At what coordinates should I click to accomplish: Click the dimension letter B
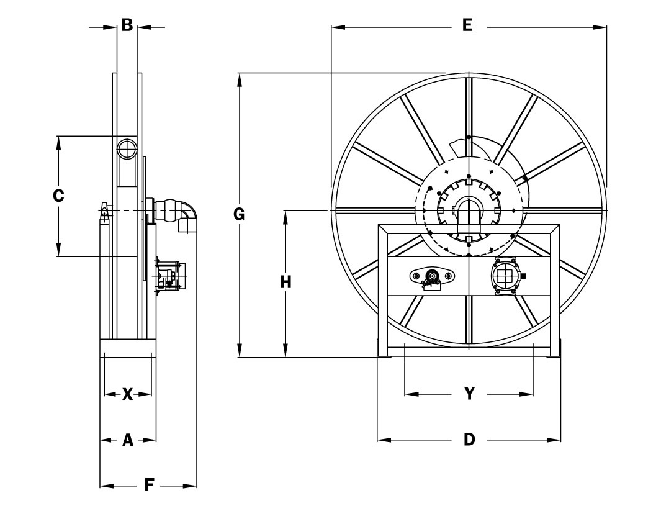[x=127, y=25]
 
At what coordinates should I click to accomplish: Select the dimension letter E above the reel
[x=467, y=25]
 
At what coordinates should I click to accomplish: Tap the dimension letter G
[x=239, y=215]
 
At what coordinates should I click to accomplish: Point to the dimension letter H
[x=286, y=282]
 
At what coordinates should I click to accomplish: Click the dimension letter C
[x=58, y=195]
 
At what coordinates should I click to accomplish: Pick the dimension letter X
[x=127, y=395]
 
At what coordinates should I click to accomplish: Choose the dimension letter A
[x=127, y=440]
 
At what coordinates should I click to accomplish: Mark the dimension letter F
[x=149, y=486]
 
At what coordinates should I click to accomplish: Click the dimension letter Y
[x=469, y=394]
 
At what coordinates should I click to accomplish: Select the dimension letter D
[x=469, y=440]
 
